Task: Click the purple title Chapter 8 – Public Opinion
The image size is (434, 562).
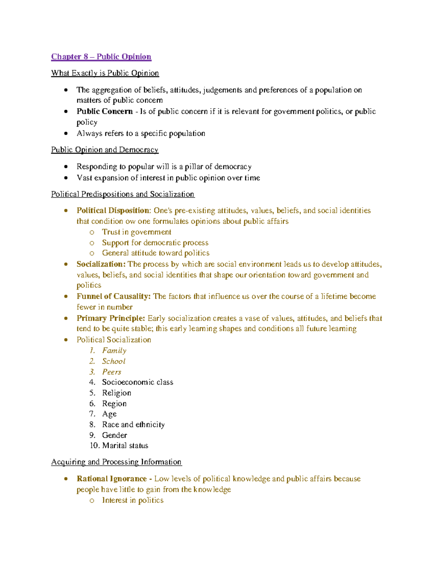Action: (101, 57)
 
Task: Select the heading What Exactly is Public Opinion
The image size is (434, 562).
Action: (105, 73)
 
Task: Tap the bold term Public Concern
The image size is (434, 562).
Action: (105, 111)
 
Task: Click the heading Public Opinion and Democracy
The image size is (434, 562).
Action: (105, 150)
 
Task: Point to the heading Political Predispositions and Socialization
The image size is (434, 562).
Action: (123, 194)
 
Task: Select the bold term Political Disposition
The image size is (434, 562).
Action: (113, 211)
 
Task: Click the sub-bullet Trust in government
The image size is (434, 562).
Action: (136, 232)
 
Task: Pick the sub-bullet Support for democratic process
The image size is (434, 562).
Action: (155, 243)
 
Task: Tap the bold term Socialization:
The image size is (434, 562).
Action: (101, 264)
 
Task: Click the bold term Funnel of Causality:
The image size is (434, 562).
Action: (113, 296)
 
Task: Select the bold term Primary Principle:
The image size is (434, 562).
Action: (111, 318)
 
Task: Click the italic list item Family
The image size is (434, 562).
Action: (114, 350)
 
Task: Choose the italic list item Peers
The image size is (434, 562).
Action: (111, 372)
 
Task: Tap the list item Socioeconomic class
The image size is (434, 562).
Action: (137, 382)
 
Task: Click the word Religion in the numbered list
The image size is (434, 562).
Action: (116, 393)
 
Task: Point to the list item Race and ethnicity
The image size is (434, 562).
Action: (133, 424)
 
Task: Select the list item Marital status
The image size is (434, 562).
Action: (125, 445)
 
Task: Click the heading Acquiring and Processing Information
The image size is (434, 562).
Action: (116, 462)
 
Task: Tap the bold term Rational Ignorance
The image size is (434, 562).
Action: (111, 479)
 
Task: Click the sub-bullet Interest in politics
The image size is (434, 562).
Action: (132, 500)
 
